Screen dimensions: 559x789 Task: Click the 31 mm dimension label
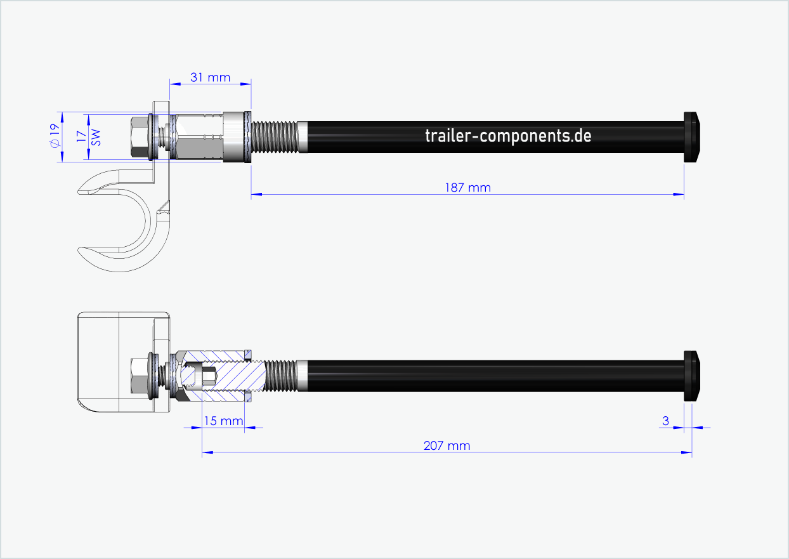coord(210,77)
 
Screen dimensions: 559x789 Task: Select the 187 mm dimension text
coord(468,188)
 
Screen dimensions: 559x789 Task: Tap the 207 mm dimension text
coord(447,445)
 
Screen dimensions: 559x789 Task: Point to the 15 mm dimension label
coord(222,420)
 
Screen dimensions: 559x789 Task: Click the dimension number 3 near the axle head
coord(665,420)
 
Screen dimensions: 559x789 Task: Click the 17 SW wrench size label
coord(88,136)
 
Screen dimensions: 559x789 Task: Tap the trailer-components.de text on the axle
coord(508,136)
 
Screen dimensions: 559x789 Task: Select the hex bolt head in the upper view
coord(138,137)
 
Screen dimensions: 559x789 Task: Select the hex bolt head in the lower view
coord(138,375)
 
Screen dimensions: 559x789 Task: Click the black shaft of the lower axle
coord(495,375)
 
